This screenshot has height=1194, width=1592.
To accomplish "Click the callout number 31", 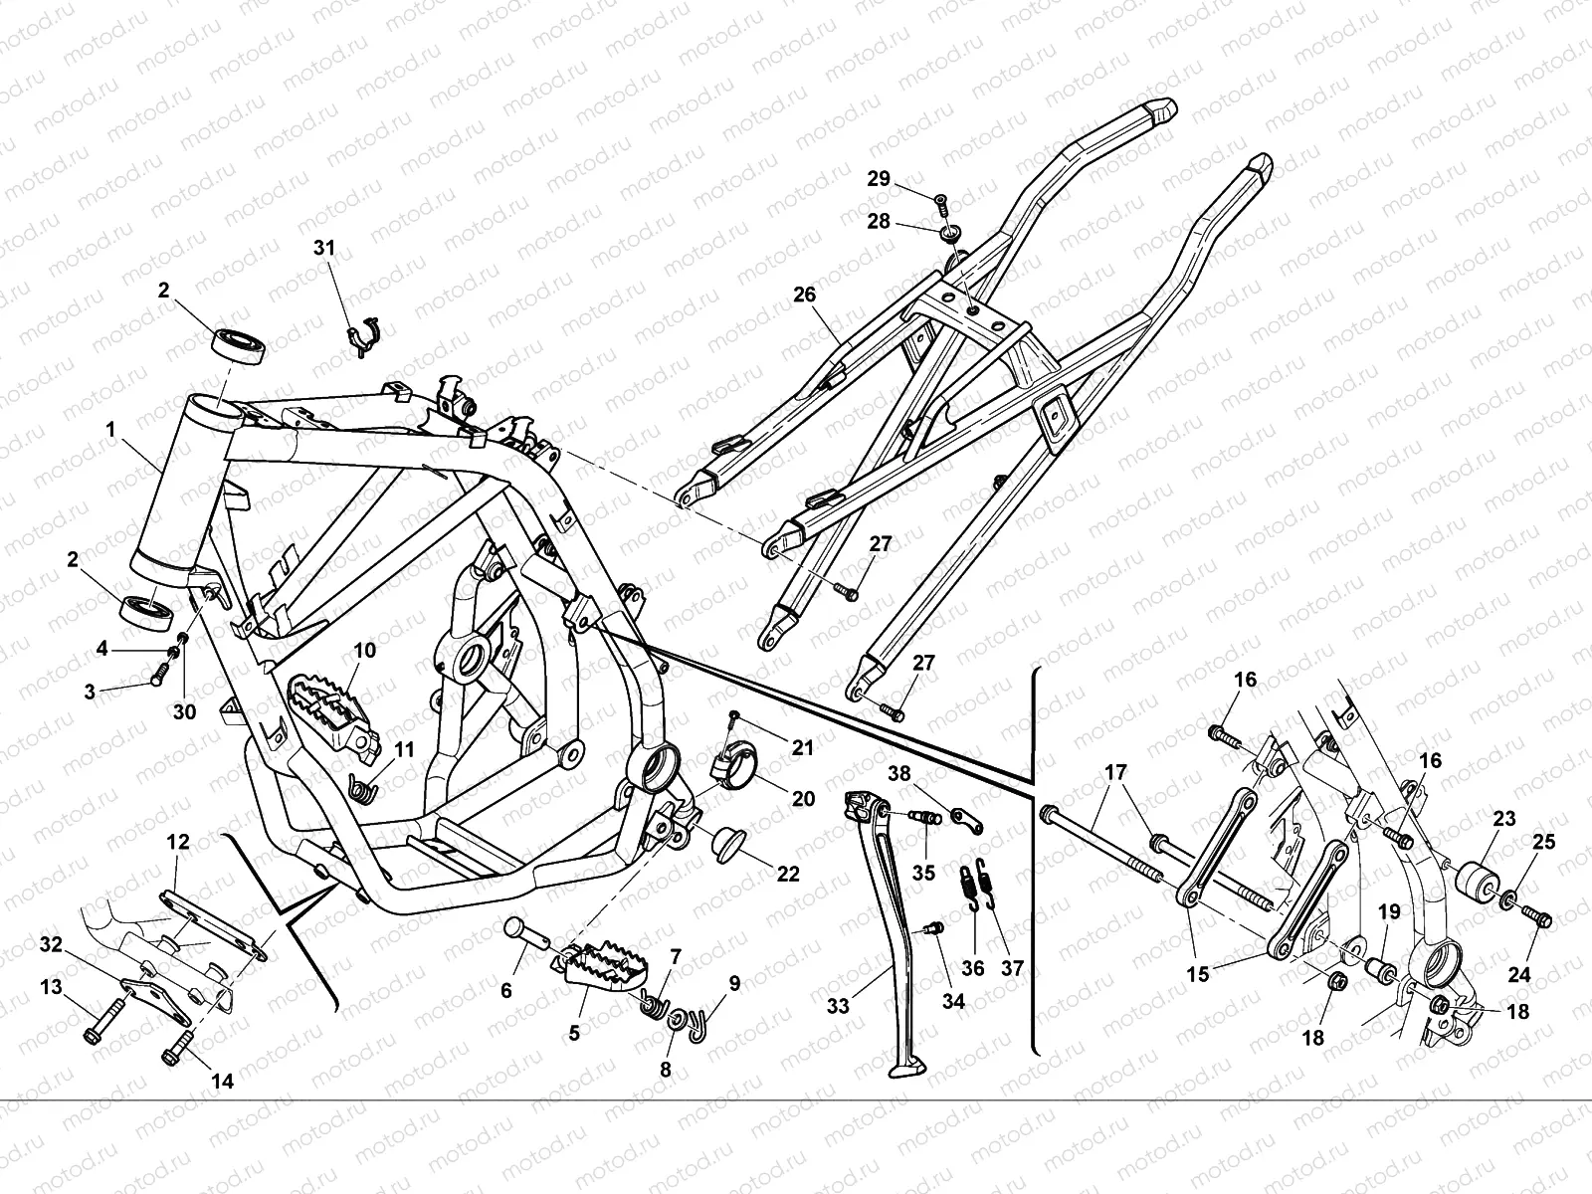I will (325, 248).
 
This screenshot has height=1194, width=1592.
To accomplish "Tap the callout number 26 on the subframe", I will (804, 295).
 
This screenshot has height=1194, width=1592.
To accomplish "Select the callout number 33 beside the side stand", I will (839, 1007).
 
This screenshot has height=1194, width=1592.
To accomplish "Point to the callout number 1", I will (111, 430).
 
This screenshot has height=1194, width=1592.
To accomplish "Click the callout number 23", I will (1503, 820).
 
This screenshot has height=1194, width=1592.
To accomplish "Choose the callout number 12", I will (178, 842).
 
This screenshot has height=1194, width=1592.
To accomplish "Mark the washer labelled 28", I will (950, 234).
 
